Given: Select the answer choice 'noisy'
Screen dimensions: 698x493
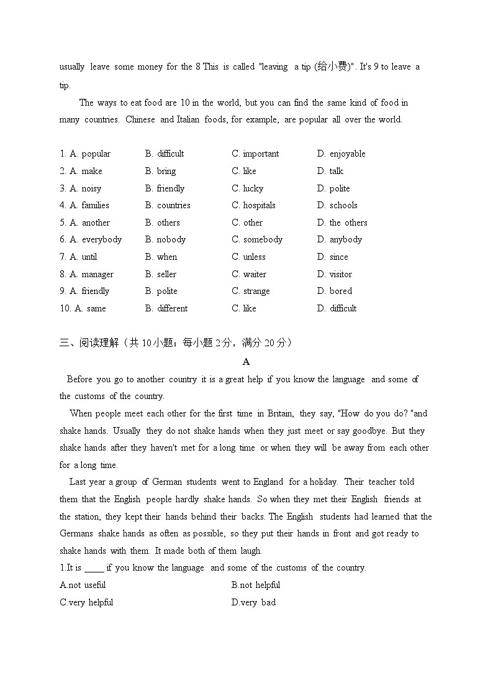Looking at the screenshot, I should point(91,188).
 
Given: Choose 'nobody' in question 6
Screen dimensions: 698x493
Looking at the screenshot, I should point(171,239).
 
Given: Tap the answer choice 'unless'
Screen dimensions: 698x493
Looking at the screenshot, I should point(254,257).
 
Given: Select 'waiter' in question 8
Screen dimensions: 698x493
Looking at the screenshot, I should point(255,274).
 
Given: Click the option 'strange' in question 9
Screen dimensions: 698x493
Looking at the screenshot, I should point(256,291).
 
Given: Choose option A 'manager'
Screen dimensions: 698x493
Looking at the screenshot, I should point(97,274).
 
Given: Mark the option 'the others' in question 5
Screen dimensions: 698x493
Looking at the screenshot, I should point(348,223).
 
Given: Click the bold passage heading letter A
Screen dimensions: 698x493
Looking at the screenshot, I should point(246,362).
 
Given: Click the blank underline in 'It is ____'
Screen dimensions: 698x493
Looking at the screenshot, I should point(94,567).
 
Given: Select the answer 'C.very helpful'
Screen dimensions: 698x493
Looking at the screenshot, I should point(86,602).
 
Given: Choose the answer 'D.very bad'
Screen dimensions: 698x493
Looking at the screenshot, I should point(253,602).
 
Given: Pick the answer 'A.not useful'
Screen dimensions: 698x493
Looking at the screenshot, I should point(83,585).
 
